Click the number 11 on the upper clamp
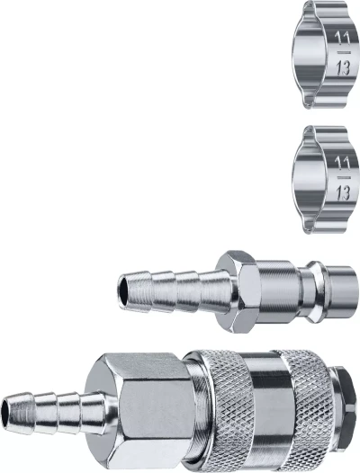coord(342,40)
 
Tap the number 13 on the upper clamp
coord(343,67)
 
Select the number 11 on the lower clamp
coord(342,164)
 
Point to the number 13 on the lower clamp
coord(343,192)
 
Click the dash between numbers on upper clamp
coord(344,52)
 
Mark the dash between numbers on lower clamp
coord(344,177)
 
